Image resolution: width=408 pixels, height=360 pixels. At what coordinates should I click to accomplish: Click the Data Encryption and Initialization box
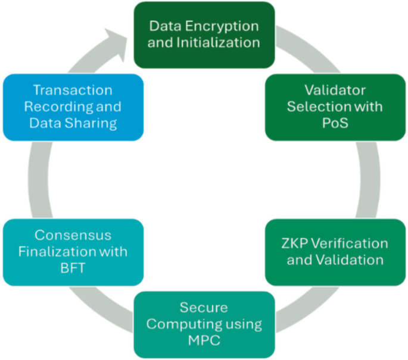click(x=204, y=35)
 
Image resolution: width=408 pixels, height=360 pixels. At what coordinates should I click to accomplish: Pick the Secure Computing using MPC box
click(x=204, y=324)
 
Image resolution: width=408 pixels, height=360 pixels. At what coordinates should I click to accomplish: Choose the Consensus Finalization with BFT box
click(x=73, y=252)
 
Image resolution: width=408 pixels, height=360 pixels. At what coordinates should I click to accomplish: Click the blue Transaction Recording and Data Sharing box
click(x=73, y=107)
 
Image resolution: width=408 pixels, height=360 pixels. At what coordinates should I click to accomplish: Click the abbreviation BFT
click(x=73, y=267)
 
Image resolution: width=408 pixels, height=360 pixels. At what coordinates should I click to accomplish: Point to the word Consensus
click(x=73, y=236)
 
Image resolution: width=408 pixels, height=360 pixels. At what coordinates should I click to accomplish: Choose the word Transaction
click(x=73, y=91)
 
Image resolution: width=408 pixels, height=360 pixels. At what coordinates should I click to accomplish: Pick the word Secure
click(x=204, y=308)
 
